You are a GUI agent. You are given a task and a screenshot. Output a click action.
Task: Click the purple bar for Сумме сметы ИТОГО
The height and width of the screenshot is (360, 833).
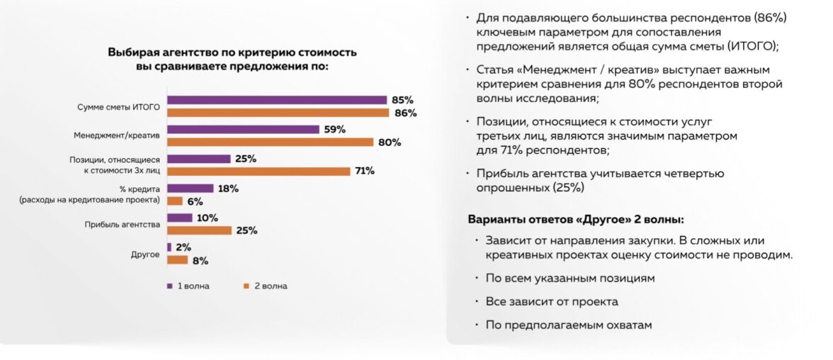pos(276,100)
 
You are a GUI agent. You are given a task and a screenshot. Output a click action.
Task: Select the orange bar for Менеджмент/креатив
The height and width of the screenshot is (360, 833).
pos(270,142)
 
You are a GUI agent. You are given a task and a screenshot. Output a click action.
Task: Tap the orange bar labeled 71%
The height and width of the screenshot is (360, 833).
pos(259,171)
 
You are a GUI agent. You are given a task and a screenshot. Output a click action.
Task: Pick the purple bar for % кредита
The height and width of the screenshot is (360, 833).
pos(190,189)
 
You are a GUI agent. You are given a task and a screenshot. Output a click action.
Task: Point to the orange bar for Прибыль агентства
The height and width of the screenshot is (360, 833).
pos(199,230)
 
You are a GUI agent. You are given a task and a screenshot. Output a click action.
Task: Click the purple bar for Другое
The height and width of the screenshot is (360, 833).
pos(169,247)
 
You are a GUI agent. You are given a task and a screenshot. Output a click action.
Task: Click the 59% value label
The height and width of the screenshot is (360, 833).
pos(335,129)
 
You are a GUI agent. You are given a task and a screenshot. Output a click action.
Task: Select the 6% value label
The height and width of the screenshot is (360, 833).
pos(195,201)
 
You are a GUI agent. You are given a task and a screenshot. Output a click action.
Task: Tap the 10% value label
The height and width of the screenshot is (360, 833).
pos(207,218)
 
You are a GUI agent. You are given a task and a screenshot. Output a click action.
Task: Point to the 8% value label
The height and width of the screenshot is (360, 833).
pos(200,260)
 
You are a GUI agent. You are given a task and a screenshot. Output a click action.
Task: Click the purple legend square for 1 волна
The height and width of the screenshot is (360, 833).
pos(169,286)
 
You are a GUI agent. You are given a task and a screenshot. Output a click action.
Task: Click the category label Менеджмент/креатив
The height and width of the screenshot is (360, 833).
pos(117,135)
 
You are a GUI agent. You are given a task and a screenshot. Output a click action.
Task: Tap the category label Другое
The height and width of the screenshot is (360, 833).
pos(145,254)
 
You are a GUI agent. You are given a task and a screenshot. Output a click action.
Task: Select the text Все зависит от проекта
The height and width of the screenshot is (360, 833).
pos(552,301)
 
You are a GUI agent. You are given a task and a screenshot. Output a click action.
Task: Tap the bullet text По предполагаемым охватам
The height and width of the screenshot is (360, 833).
pos(569,325)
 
